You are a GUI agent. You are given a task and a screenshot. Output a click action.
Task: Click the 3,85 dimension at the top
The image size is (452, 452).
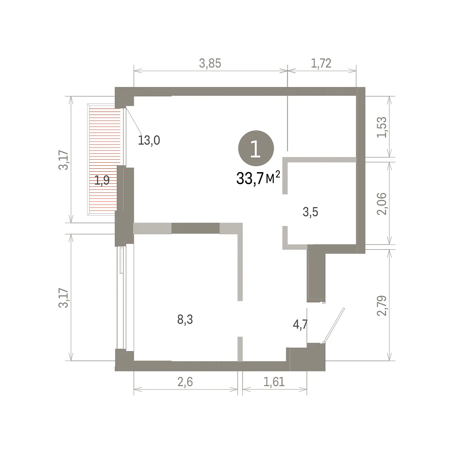210,64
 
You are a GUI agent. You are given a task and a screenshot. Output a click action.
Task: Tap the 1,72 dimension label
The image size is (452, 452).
321,64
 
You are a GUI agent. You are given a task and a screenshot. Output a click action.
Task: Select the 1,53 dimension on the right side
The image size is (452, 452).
382,127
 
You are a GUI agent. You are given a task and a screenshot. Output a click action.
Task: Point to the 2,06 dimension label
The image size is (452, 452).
382,204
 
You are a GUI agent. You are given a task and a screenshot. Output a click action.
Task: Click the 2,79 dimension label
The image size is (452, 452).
382,305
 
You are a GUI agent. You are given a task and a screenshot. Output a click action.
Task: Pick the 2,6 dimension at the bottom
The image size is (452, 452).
185,382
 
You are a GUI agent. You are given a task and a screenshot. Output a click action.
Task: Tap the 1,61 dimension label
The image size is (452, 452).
274,382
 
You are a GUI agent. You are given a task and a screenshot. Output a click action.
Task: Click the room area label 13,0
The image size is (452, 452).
149,140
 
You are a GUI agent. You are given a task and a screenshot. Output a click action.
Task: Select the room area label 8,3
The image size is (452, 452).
185,319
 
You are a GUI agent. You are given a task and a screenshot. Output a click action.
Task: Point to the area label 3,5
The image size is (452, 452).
310,212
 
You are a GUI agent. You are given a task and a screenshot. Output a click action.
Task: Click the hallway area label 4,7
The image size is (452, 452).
300,325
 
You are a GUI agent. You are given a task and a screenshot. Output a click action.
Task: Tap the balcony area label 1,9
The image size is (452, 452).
102,180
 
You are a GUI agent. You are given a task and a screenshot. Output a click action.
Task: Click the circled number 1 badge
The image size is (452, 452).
256,148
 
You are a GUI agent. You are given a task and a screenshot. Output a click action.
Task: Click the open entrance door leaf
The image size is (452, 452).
334,325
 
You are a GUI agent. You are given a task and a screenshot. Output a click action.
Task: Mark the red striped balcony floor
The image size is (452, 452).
105,159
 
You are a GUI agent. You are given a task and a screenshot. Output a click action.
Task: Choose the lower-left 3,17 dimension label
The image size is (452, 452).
64,298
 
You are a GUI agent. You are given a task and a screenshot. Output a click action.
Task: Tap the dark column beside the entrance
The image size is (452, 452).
316,273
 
